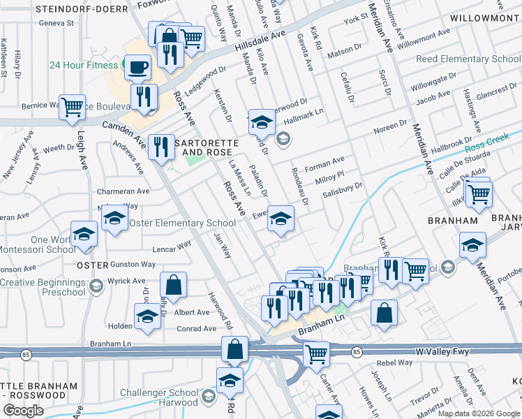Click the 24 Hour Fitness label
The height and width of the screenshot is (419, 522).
click(x=83, y=65)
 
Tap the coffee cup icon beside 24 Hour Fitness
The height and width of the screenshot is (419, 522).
click(x=137, y=67)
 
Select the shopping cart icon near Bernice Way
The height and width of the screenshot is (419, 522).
click(x=72, y=108)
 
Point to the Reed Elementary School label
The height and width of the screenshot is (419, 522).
click(x=468, y=59)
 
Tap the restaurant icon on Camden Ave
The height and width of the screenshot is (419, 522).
click(x=161, y=147)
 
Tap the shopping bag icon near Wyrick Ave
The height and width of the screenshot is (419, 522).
click(x=173, y=284)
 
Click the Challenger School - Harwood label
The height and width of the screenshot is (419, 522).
click(x=159, y=397)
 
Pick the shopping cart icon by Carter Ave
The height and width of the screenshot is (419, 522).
click(x=316, y=353)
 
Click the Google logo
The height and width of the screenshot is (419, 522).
click(x=24, y=411)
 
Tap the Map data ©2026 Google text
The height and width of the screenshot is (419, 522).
click(x=478, y=413)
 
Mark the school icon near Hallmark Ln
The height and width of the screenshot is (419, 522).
click(x=262, y=122)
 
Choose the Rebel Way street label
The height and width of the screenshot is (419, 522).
click(x=395, y=363)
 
